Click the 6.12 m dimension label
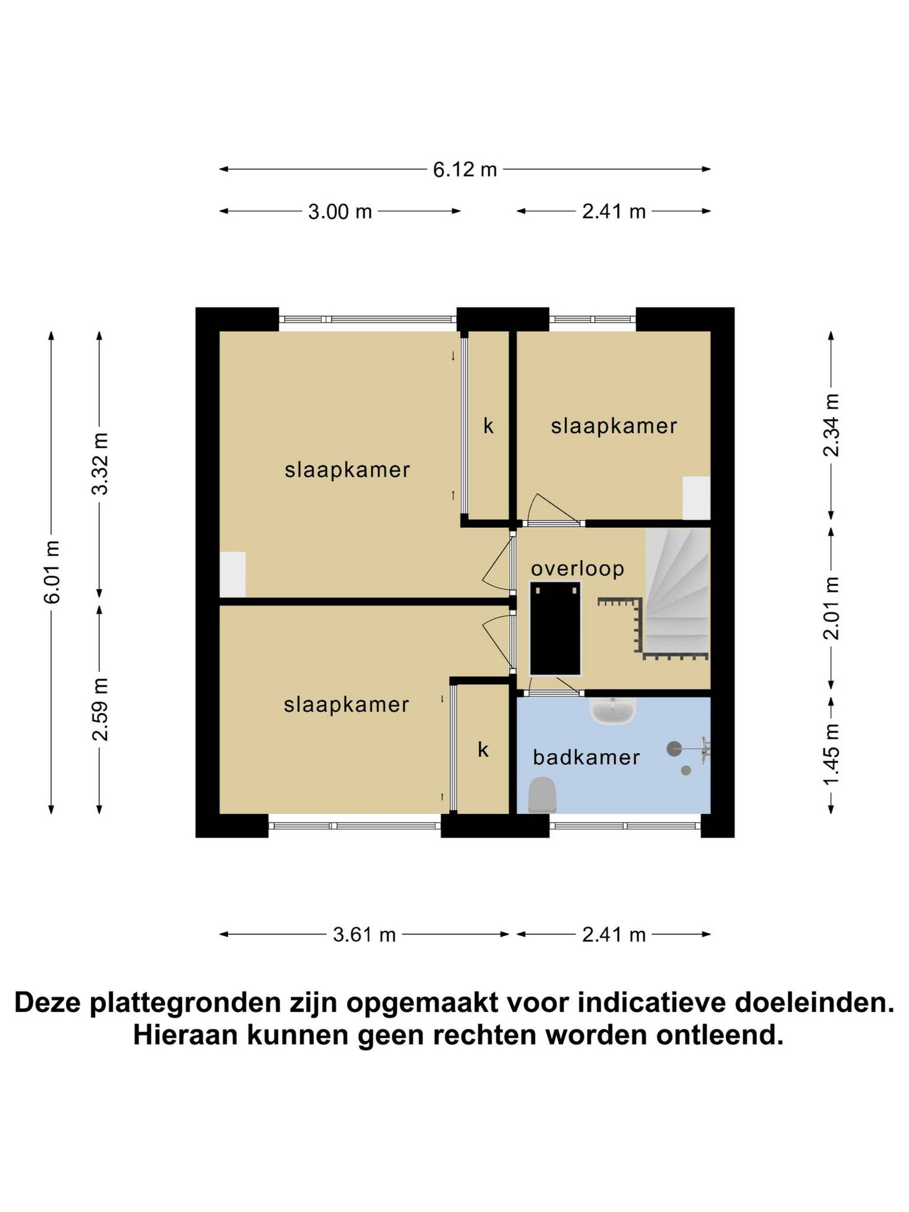[x=464, y=169]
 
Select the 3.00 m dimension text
[x=340, y=212]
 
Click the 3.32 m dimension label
[x=100, y=463]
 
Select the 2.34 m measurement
[x=831, y=425]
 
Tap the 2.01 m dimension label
[x=831, y=608]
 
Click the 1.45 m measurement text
[x=831, y=753]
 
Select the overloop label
[x=578, y=569]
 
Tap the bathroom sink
[x=613, y=711]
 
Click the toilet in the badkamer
[x=543, y=795]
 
